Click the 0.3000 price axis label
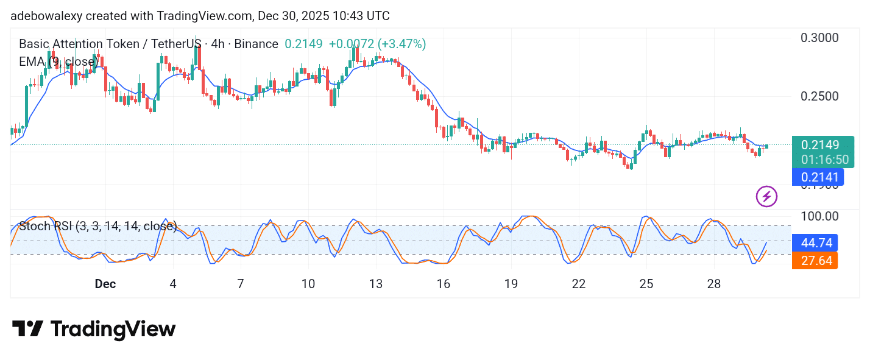point(819,38)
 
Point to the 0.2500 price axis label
point(819,96)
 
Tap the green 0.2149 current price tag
point(820,145)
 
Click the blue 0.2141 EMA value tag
point(820,177)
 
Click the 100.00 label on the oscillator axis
point(819,216)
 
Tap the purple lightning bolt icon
point(766,196)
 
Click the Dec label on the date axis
point(105,284)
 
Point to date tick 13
point(376,284)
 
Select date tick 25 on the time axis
point(646,284)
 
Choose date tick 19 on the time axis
point(511,284)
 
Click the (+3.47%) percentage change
point(401,44)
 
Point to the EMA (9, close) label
point(58,62)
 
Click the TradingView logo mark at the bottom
point(27,329)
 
